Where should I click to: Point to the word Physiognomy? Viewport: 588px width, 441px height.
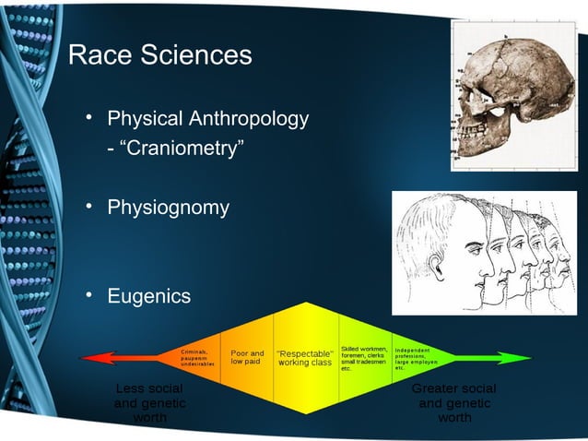pyautogui.click(x=168, y=208)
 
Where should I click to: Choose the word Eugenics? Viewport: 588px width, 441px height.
pyautogui.click(x=149, y=296)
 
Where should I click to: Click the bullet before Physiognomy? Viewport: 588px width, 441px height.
pyautogui.click(x=90, y=207)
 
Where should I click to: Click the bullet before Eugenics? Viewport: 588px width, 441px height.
pyautogui.click(x=90, y=295)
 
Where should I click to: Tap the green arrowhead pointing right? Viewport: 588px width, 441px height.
pyautogui.click(x=521, y=358)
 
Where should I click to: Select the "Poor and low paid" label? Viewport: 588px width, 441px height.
pyautogui.click(x=247, y=358)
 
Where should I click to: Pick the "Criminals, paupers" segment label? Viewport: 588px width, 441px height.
pyautogui.click(x=197, y=358)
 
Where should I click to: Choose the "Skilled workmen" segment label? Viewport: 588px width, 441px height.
pyautogui.click(x=363, y=358)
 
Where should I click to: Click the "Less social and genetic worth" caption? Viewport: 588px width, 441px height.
pyautogui.click(x=149, y=403)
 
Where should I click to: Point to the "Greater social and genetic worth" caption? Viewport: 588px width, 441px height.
pyautogui.click(x=454, y=403)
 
